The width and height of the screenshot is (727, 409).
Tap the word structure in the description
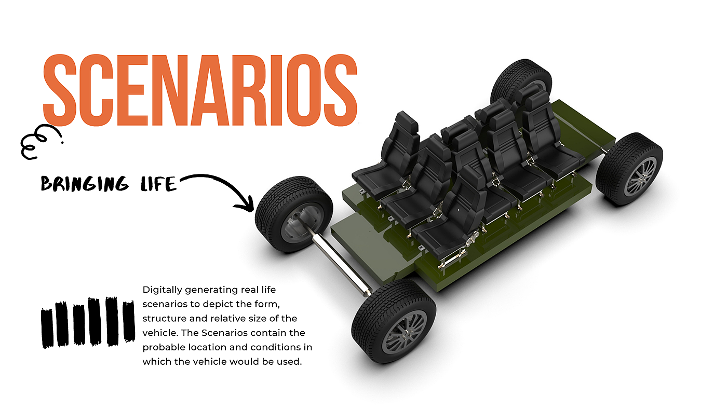(162, 318)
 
